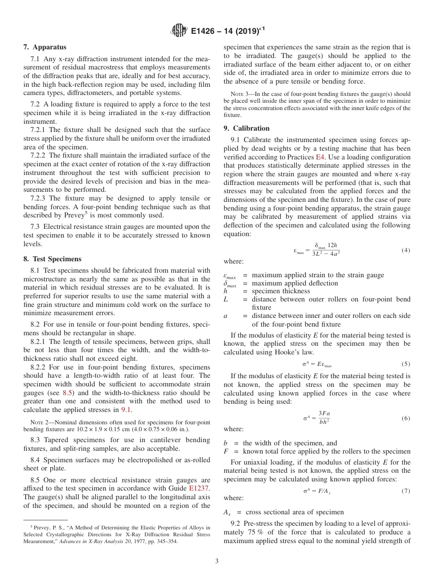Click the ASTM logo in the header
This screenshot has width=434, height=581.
click(179, 31)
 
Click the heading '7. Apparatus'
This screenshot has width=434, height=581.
click(45, 47)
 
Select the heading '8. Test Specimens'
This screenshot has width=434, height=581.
click(52, 259)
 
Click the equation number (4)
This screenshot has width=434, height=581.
click(406, 250)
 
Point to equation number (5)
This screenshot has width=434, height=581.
click(406, 364)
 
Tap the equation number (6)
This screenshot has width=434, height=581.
click(406, 418)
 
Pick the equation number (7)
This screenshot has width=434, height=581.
click(406, 491)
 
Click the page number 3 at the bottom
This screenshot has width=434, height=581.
click(217, 561)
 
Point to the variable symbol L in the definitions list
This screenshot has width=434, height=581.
click(226, 299)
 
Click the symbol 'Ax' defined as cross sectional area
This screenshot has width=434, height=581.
click(227, 512)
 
